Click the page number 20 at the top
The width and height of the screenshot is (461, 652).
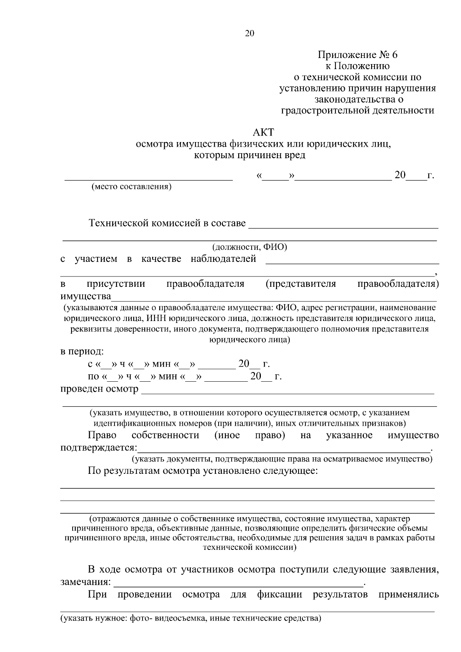[x=249, y=33]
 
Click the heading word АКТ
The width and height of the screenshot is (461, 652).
[x=264, y=132]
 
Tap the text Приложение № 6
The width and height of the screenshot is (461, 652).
[x=357, y=55]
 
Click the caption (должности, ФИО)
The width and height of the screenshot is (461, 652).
[x=250, y=247]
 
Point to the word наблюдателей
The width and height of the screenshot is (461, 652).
[x=223, y=259]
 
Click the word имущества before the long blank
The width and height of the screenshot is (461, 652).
[x=86, y=296]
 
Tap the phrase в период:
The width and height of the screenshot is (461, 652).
[x=82, y=351]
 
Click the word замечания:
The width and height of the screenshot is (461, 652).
[x=86, y=582]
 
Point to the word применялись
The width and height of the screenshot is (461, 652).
[x=408, y=594]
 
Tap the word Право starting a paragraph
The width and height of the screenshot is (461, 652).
[x=102, y=435]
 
